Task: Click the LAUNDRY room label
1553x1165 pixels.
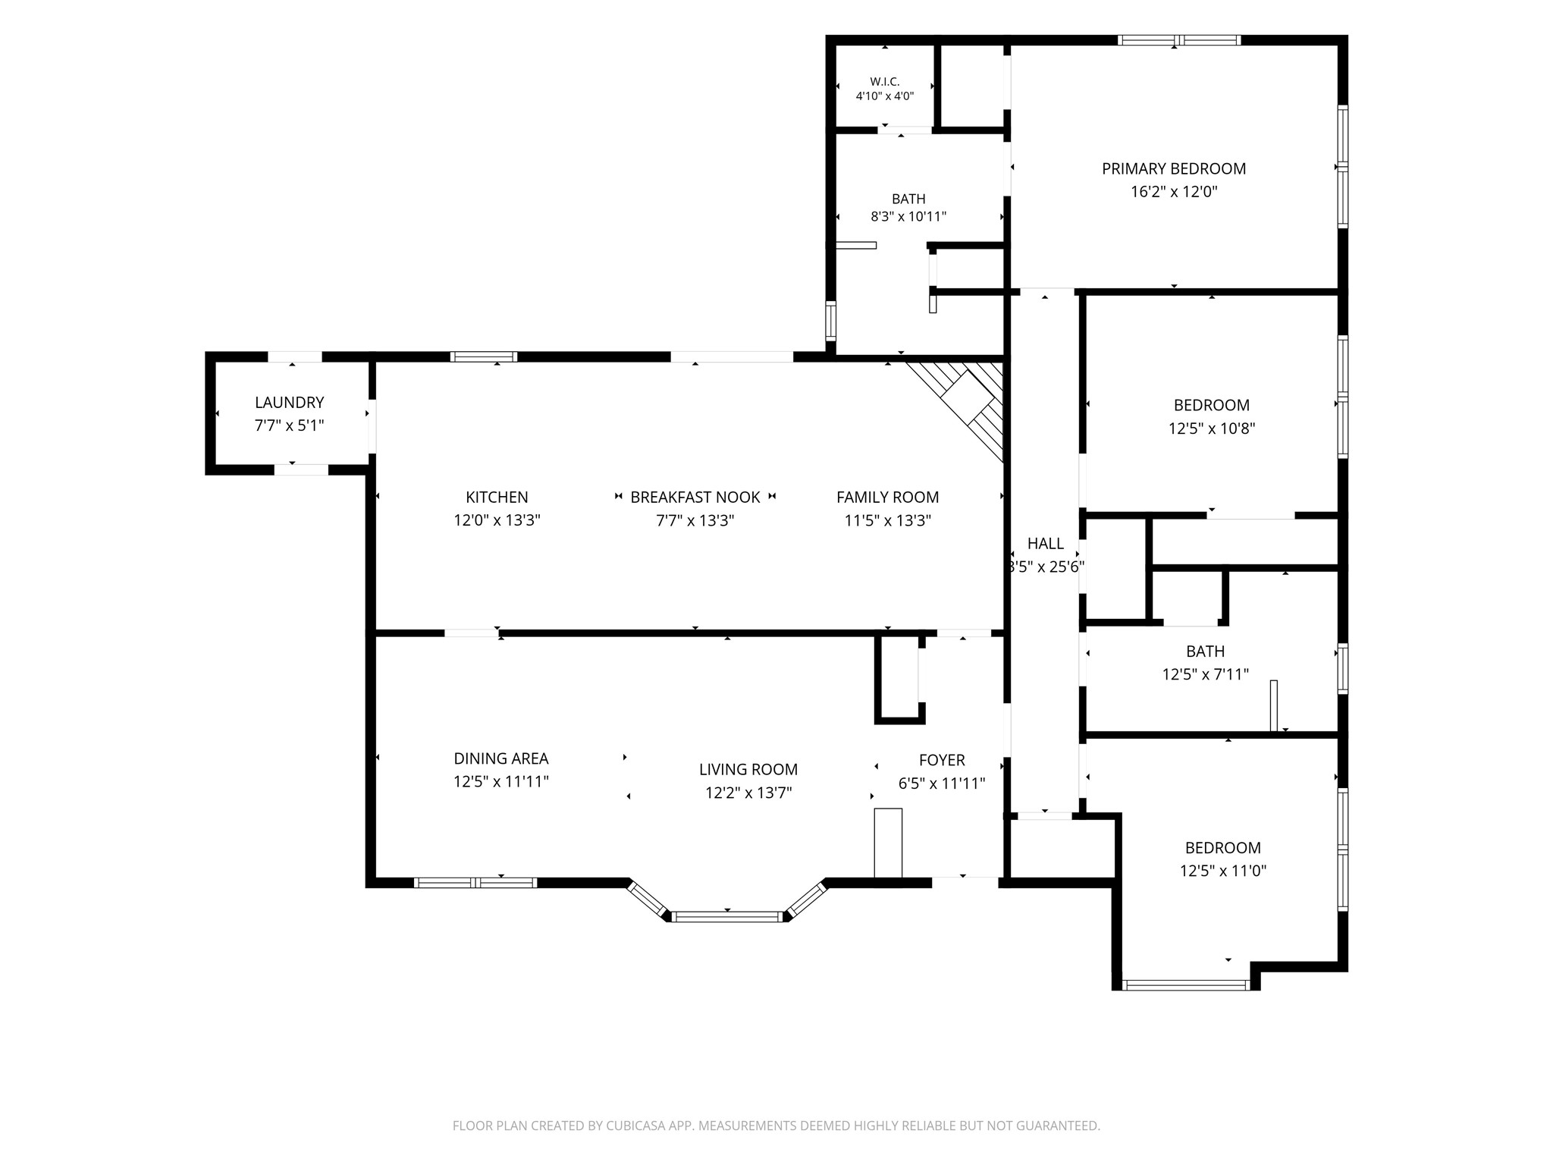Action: coord(289,403)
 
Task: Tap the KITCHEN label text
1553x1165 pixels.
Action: coord(497,498)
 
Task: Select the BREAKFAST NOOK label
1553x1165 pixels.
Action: coord(695,498)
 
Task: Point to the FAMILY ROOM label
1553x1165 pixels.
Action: coord(887,498)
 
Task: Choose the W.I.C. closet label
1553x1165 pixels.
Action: coord(884,82)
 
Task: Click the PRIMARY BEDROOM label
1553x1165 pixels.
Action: coord(1174,169)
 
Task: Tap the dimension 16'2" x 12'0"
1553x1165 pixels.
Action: coord(1174,192)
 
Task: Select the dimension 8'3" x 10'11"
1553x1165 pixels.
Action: coord(908,217)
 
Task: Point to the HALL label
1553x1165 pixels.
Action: coord(1046,544)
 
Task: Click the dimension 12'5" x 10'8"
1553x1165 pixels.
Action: coord(1212,429)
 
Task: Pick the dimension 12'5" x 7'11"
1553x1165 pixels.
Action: coord(1206,674)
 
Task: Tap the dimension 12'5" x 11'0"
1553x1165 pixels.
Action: coord(1223,871)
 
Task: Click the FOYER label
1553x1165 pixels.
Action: coord(942,761)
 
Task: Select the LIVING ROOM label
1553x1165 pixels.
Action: coord(748,770)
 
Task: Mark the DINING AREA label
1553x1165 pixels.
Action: coord(501,758)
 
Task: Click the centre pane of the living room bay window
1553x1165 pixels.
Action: coord(727,917)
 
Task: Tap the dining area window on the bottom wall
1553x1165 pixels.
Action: coord(475,882)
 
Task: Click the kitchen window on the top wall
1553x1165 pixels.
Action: coord(484,356)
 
